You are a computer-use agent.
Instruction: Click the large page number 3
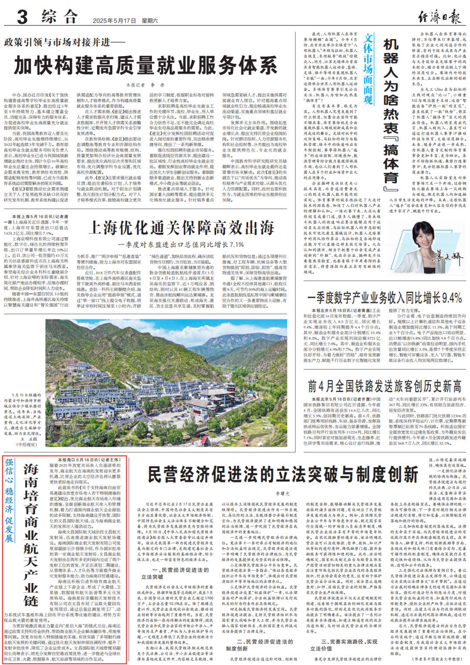coord(22,17)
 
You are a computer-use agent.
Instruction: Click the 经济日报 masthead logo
coord(439,17)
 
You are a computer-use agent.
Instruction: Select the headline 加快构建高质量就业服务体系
coord(145,66)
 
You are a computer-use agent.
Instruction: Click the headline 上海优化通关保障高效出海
coord(181,228)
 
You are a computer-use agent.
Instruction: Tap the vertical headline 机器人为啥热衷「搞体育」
coord(391,115)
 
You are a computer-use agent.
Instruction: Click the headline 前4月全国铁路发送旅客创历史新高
coord(385,386)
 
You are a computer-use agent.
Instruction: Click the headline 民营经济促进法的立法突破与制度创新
coord(283,474)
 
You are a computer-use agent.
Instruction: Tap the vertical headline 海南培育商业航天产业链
coord(31,535)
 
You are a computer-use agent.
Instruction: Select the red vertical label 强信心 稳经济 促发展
coord(9,500)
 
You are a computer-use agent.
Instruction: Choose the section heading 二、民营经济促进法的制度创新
coord(258,645)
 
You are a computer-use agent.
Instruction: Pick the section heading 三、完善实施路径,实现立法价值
coord(343,645)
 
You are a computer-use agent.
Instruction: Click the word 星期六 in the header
coord(150,20)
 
